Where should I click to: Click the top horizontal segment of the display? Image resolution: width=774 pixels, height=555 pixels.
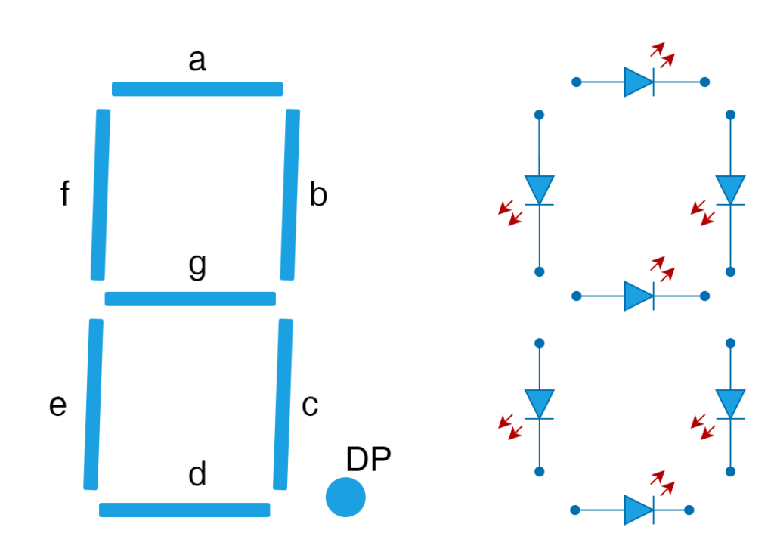tap(197, 89)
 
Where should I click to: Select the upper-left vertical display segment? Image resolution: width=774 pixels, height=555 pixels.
tap(101, 194)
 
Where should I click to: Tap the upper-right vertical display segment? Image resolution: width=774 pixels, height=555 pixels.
tap(290, 194)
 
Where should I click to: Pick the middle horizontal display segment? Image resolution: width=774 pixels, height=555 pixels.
tap(190, 299)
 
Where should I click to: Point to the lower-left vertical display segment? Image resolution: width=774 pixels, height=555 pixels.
tap(94, 405)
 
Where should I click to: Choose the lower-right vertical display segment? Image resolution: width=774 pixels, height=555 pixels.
tap(283, 405)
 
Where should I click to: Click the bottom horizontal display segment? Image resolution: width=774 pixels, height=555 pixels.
tap(184, 510)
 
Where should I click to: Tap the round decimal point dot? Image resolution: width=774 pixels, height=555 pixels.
tap(345, 498)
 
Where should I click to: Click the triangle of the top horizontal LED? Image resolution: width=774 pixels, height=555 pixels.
tap(637, 82)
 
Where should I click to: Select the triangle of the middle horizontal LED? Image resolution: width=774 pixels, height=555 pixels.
tap(637, 296)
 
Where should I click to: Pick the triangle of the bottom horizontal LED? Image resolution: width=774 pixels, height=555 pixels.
tap(637, 510)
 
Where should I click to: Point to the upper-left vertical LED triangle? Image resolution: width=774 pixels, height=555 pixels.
tap(539, 188)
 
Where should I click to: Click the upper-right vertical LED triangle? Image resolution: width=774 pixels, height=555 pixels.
tap(730, 188)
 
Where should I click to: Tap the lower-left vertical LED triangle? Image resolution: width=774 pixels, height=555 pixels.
tap(539, 402)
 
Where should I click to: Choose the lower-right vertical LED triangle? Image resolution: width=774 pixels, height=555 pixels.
tap(730, 402)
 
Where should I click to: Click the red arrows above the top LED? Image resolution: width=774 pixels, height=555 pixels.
tap(662, 54)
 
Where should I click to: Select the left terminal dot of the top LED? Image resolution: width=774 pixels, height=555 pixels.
tap(577, 82)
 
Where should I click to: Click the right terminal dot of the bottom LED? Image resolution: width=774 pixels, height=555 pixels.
tap(689, 510)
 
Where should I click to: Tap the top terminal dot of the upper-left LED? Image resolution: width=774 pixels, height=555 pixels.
tap(539, 115)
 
